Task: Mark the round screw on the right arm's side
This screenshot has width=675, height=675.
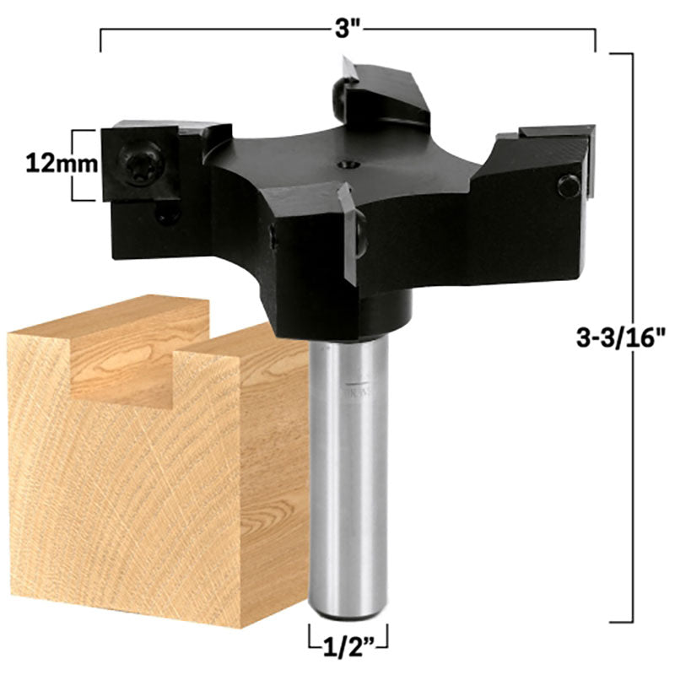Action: (x=569, y=186)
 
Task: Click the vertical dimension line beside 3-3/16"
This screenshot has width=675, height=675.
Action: (x=633, y=337)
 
